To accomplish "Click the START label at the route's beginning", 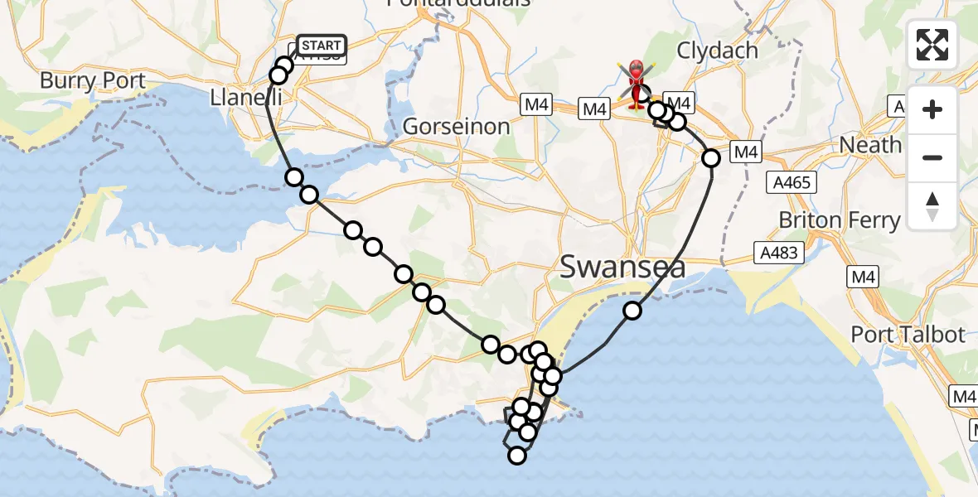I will (319, 46).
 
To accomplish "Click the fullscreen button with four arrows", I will (932, 45).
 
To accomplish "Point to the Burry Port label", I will (93, 81).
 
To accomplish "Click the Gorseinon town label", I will (456, 127).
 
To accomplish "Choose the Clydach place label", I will (717, 51).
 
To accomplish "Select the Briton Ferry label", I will (839, 220).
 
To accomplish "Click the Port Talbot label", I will (908, 335).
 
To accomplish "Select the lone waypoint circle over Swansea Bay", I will (632, 311).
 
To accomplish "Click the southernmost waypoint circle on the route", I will (517, 455).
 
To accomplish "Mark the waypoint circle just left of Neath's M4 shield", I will (710, 157).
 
